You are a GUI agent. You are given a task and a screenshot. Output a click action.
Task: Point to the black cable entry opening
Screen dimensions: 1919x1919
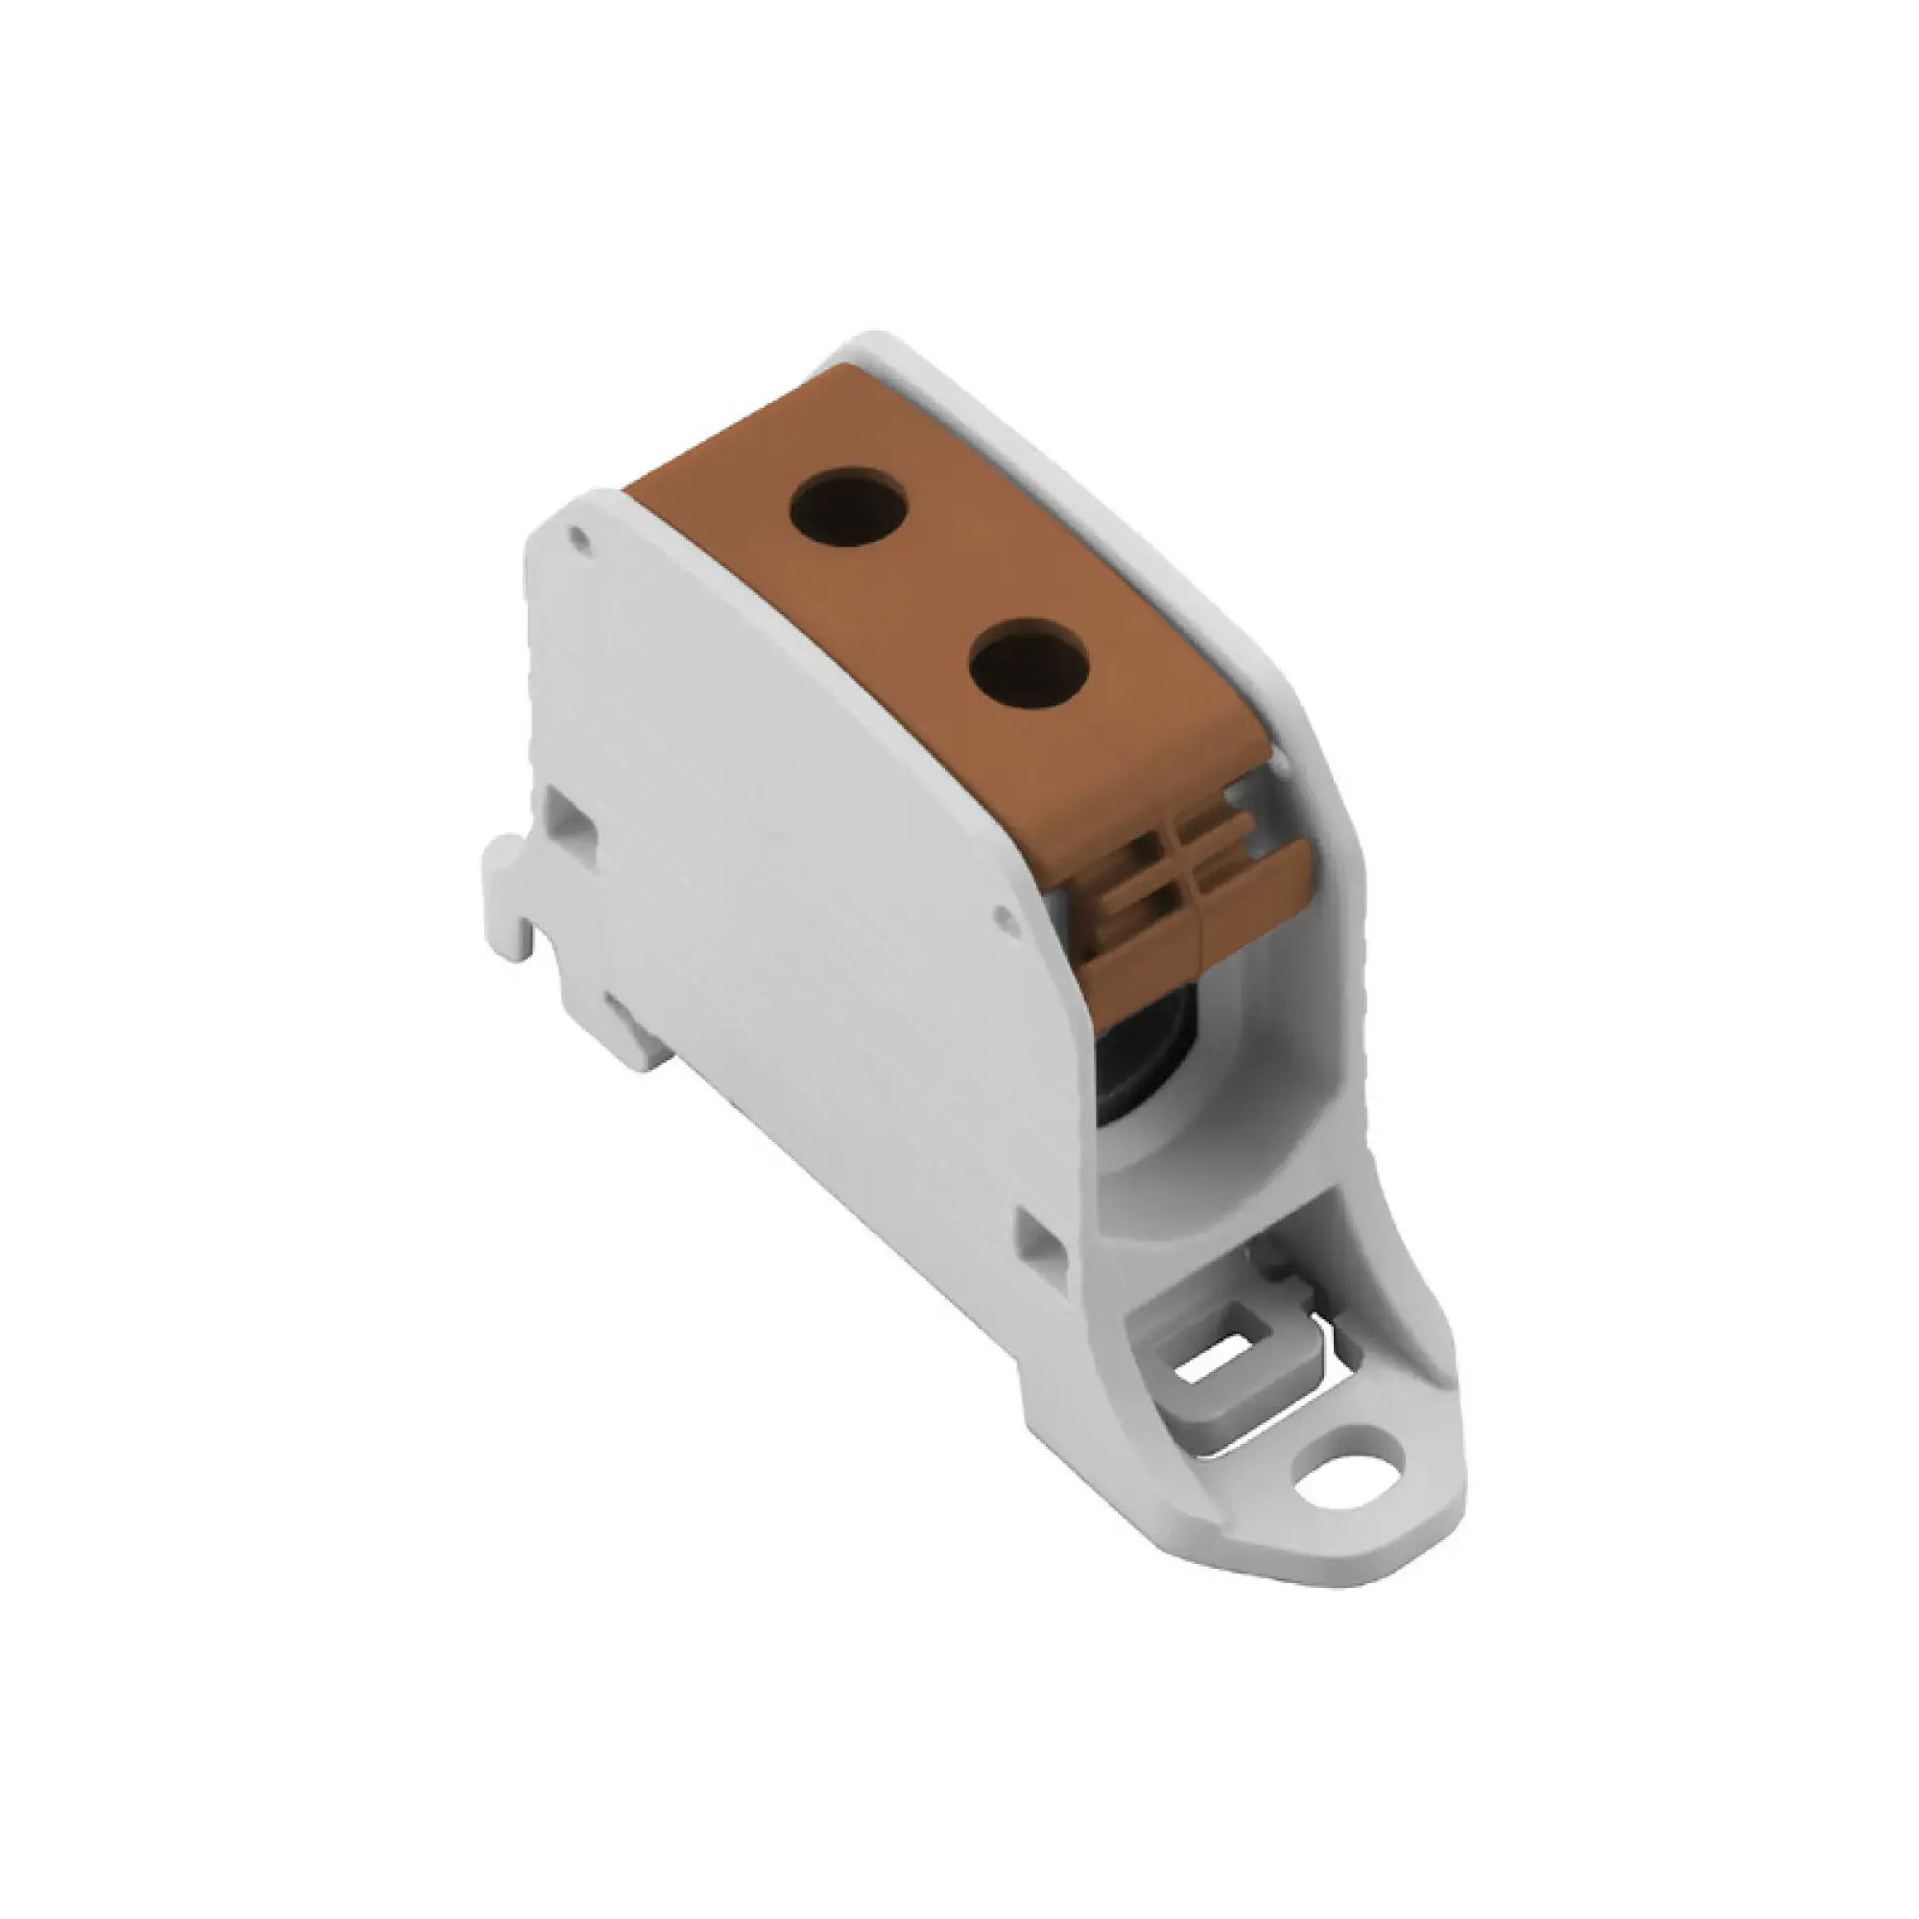(1142, 1053)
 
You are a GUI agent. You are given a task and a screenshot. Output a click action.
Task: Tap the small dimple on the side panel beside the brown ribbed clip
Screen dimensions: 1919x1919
(1006, 920)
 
